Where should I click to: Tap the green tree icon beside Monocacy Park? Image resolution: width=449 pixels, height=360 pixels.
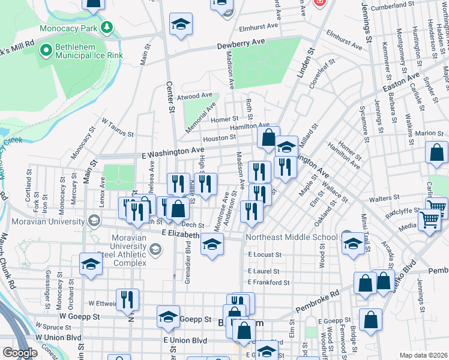[x=107, y=28]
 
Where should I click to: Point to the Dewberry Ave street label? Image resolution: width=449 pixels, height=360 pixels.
[x=241, y=43]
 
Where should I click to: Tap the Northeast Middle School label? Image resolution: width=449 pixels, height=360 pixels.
[x=292, y=237]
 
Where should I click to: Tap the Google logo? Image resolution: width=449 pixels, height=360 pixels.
[x=20, y=353]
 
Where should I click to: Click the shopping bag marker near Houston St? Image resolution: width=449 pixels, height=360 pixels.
[x=268, y=136]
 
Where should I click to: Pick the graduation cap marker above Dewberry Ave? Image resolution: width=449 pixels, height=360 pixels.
[x=181, y=24]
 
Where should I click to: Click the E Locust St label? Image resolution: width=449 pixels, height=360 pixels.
[x=264, y=255]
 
